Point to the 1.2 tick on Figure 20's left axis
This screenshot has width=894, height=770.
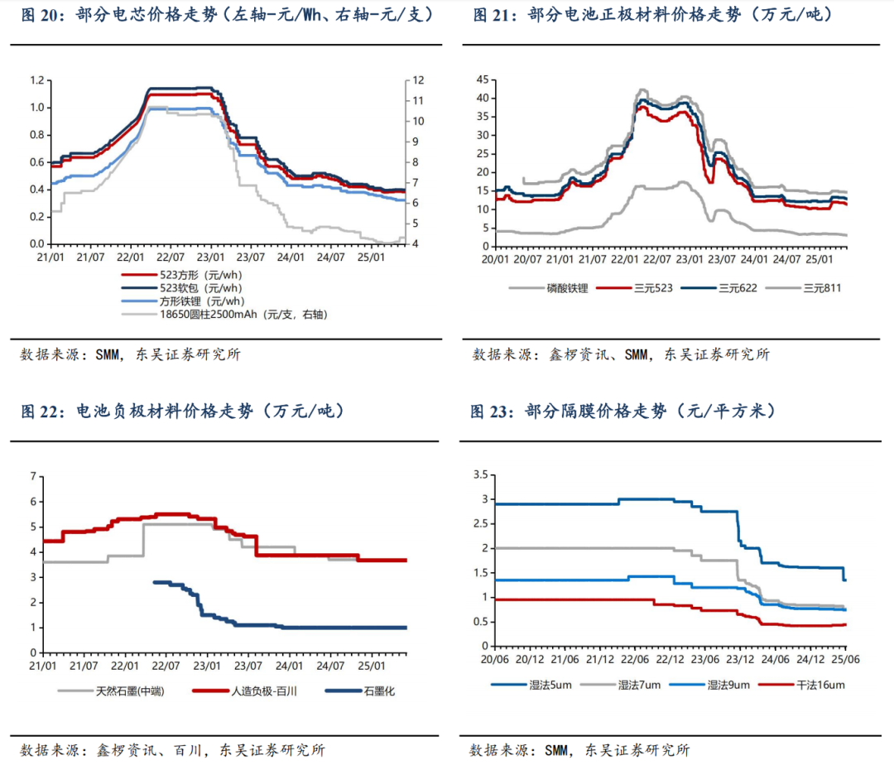(x=36, y=80)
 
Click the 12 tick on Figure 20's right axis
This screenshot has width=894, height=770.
(x=419, y=80)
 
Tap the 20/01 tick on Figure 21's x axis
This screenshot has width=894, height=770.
(x=495, y=260)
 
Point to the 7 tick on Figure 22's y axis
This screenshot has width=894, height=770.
(x=33, y=476)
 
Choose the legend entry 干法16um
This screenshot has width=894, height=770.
(x=820, y=685)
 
